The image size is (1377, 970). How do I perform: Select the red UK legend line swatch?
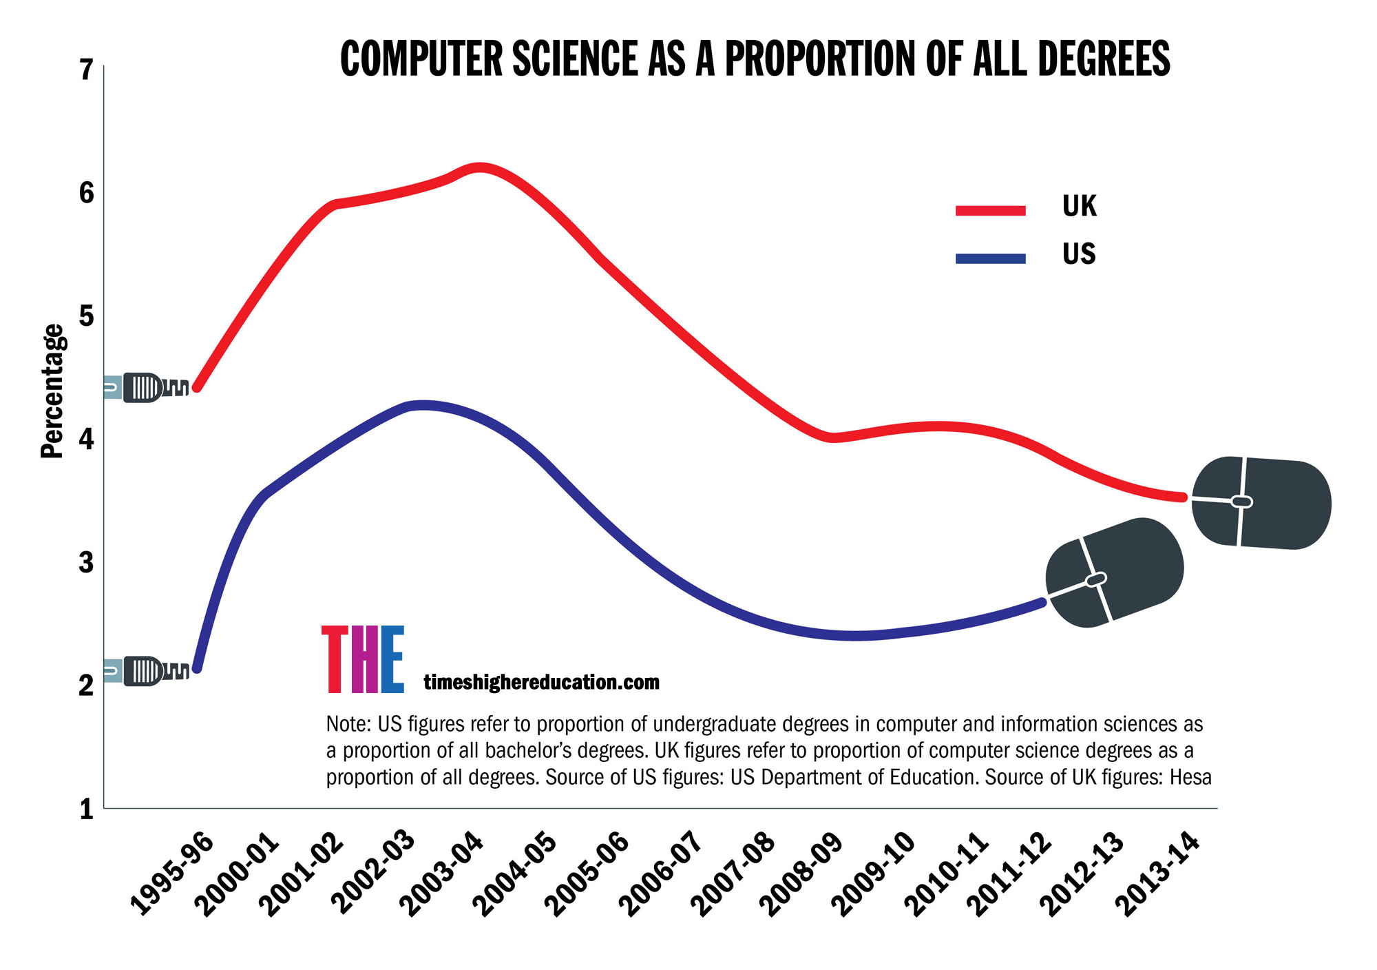(990, 210)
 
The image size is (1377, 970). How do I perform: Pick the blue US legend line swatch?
(990, 258)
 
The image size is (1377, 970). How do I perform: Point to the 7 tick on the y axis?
(86, 70)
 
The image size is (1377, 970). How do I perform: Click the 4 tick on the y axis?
(86, 439)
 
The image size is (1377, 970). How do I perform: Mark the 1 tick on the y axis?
(86, 809)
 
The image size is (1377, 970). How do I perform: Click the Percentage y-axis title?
(52, 391)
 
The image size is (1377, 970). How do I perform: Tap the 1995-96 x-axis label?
(172, 875)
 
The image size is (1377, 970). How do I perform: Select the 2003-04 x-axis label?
(442, 875)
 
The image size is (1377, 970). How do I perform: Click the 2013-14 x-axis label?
(1158, 875)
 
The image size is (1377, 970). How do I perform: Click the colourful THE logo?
(363, 659)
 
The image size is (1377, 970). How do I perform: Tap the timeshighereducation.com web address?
(541, 683)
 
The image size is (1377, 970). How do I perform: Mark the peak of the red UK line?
(480, 167)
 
